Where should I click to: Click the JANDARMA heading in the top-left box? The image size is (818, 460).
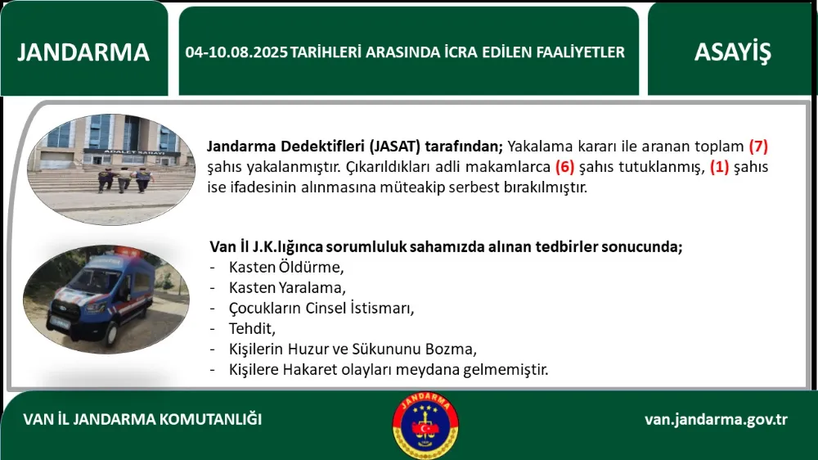point(83,52)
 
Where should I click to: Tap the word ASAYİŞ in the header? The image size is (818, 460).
point(732,52)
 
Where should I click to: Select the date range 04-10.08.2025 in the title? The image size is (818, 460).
point(236,52)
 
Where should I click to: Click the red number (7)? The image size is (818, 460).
point(758,147)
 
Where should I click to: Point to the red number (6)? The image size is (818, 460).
point(565,166)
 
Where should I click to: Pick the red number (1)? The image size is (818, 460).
point(719,166)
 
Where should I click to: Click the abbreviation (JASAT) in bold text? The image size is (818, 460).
point(395,147)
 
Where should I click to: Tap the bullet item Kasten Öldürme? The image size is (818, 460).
point(286,267)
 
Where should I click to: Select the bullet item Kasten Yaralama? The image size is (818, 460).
point(287,287)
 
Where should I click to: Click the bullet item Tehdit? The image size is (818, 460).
point(252,328)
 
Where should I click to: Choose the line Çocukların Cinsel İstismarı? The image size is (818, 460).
point(321,308)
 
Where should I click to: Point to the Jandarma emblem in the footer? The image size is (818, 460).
point(425,426)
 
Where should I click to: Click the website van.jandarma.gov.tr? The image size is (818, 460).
point(716,419)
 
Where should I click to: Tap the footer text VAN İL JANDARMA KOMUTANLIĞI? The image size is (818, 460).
point(142,419)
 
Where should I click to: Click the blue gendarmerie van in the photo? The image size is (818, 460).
point(102,298)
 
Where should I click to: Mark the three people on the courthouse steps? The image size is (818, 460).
point(125,179)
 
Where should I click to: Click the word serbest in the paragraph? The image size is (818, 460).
point(472,187)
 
